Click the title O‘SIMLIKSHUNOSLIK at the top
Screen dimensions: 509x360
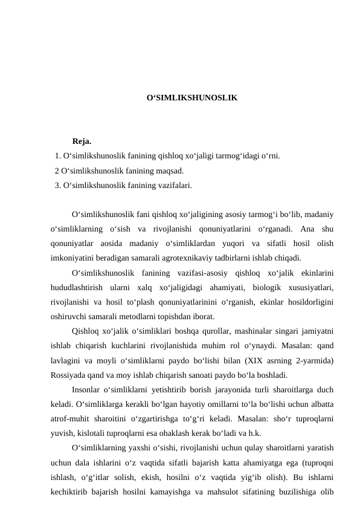click(192, 97)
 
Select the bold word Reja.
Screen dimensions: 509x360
click(82, 142)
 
